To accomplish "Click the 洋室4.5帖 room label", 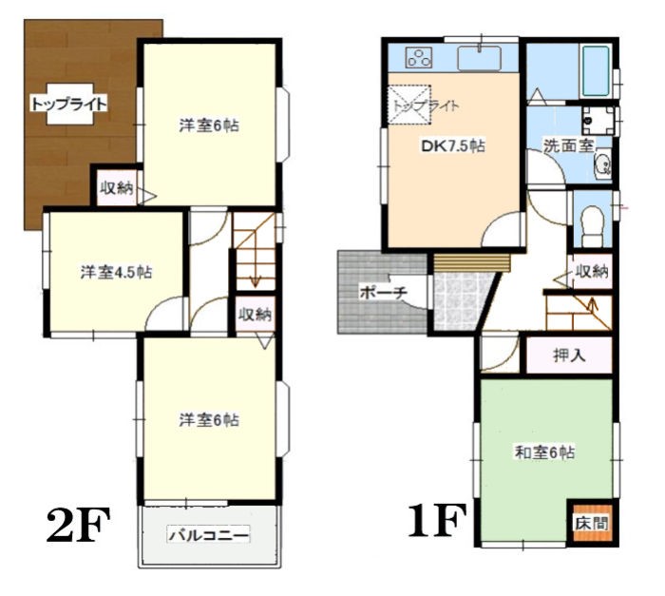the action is point(117,272).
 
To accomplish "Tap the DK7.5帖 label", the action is point(453,146).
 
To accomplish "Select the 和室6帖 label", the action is point(544,452).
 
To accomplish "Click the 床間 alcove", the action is point(591,523).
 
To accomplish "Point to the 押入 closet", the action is point(570,356).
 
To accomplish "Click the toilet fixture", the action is point(592,226).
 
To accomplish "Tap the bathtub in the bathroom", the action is point(596,71).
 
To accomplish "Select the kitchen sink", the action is point(479,58).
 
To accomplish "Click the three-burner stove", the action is point(419,58).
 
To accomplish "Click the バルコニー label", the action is point(208,535).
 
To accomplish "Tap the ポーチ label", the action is point(384,293).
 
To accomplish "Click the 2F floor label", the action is point(78,525).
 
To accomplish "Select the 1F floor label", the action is point(436,520).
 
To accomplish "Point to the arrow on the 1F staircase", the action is point(593,304).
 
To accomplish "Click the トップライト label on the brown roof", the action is point(68,104).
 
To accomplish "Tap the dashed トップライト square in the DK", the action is point(409,105).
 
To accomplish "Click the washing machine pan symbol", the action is point(598,121).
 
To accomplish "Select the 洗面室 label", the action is point(568,145).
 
